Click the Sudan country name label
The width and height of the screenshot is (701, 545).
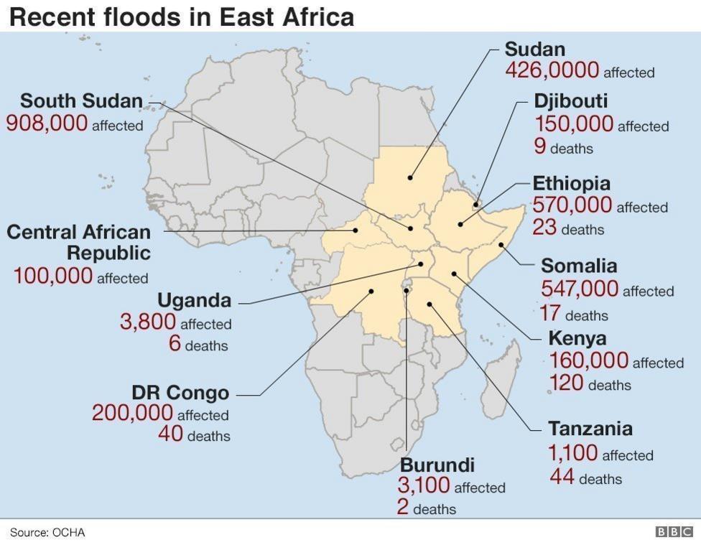[534, 50]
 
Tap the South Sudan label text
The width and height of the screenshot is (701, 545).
[81, 101]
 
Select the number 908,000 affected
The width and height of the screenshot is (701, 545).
[47, 124]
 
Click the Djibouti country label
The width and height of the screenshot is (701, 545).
[570, 101]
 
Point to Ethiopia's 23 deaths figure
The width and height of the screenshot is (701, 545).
[544, 228]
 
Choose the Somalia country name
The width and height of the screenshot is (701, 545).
[578, 266]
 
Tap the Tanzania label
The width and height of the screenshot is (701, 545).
[590, 429]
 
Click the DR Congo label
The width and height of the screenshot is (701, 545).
[180, 393]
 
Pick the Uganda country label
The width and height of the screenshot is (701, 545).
[194, 299]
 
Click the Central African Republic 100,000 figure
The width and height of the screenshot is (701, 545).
[53, 276]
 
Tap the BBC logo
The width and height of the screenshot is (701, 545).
[673, 532]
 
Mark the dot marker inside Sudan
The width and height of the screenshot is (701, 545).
[411, 177]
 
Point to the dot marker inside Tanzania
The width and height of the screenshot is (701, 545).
[429, 304]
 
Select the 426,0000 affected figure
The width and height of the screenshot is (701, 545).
[552, 70]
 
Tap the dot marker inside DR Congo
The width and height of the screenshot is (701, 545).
[371, 291]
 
